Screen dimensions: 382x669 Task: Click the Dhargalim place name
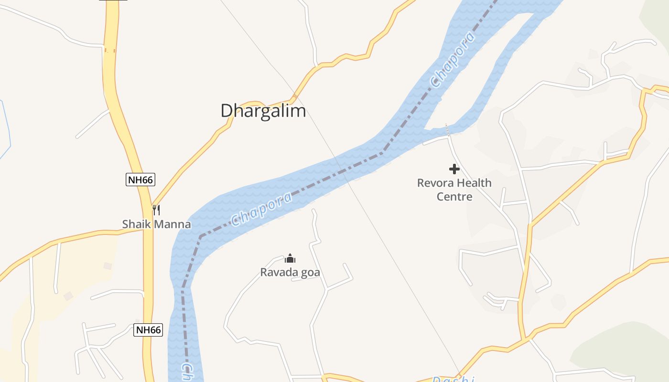click(263, 111)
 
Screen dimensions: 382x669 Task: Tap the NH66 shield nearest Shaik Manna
click(140, 180)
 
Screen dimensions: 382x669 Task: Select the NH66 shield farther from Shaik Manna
click(148, 329)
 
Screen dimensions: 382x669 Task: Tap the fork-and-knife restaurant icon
click(156, 210)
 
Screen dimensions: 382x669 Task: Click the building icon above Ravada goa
click(290, 259)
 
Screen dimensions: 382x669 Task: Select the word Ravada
click(276, 273)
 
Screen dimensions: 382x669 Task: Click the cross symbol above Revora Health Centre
click(454, 169)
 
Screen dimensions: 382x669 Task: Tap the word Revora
click(434, 183)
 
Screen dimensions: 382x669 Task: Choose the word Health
click(473, 183)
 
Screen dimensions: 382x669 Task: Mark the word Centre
click(454, 196)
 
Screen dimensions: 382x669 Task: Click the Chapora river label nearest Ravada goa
click(261, 209)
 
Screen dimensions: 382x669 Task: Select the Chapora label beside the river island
click(453, 60)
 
